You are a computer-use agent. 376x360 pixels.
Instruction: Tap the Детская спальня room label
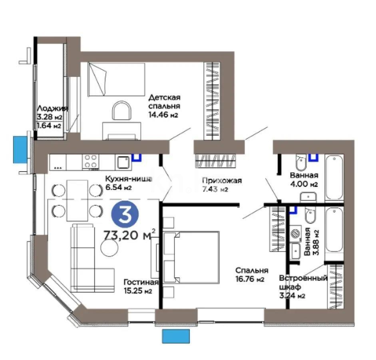165,102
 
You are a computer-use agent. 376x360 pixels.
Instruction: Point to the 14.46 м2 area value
163,115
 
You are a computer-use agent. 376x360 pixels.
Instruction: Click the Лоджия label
52,108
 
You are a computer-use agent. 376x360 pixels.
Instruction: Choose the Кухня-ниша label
128,179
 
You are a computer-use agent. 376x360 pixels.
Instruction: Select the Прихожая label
222,180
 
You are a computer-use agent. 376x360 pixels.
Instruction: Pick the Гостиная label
141,282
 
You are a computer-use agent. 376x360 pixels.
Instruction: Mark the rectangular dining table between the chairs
77,200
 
